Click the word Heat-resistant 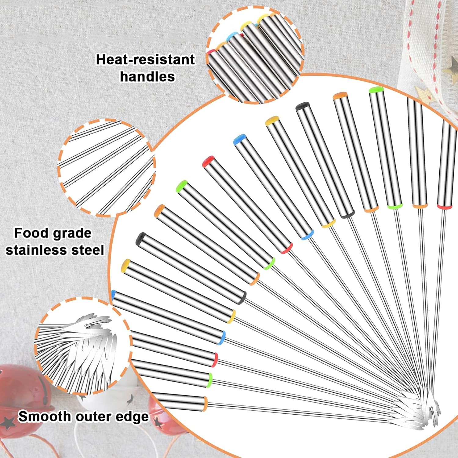[145, 60]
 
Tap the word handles [147, 76]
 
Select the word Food [28, 233]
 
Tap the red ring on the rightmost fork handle [444, 207]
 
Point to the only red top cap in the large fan [209, 161]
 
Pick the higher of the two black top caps [303, 106]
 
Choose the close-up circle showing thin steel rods [107, 168]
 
